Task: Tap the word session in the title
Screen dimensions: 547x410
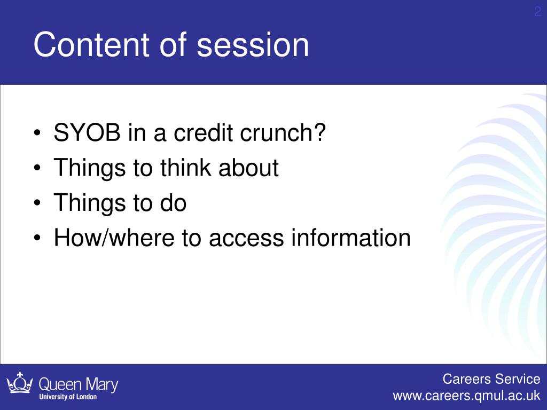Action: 253,45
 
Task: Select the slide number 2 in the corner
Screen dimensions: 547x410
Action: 537,12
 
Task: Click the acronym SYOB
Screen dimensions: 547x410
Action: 87,132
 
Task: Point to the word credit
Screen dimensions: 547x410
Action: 203,132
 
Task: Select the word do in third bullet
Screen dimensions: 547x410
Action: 173,202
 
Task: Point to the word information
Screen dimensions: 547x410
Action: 350,238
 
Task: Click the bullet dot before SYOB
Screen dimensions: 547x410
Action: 37,133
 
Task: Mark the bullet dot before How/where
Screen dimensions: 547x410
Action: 37,238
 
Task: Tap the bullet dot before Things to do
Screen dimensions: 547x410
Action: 37,203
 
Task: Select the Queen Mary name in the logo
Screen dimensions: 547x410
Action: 79,384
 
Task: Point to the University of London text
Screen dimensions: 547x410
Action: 68,397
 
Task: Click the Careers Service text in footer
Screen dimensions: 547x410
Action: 491,379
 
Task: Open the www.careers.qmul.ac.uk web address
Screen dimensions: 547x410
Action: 466,396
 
